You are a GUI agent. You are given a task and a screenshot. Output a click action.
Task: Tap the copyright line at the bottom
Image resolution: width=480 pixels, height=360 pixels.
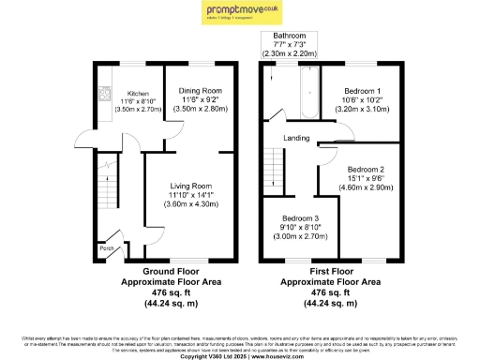(x=239, y=355)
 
